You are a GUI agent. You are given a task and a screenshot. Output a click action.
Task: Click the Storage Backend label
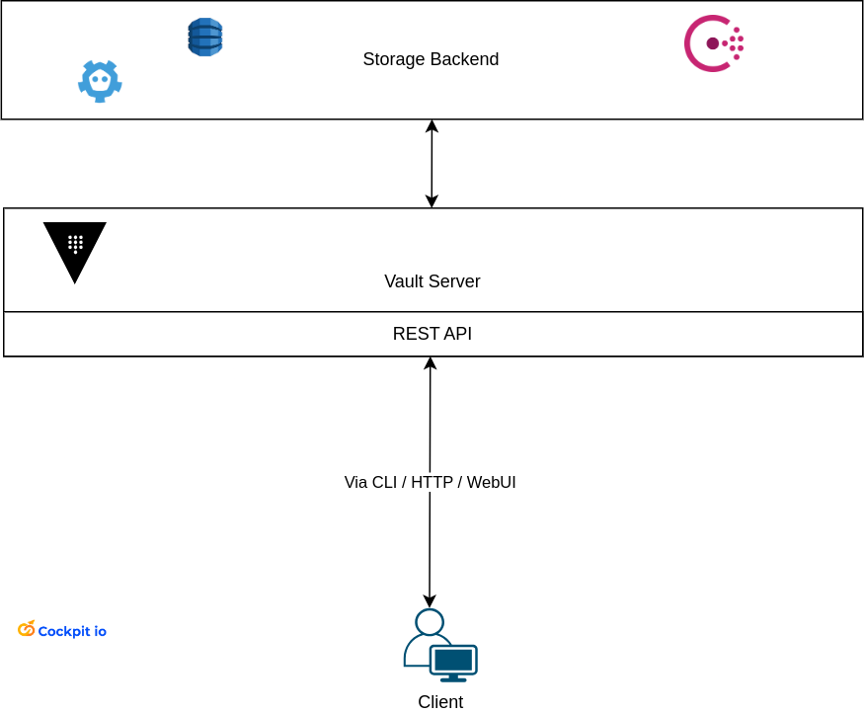coord(431,59)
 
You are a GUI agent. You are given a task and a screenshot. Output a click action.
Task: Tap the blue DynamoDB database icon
coord(204,38)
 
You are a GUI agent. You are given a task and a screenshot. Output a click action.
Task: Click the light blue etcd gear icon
coord(100,81)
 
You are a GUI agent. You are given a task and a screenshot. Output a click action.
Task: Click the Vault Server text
coord(432,281)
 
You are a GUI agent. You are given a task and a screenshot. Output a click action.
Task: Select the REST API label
coord(432,334)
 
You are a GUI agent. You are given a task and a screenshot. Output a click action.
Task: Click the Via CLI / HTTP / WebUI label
coord(430,483)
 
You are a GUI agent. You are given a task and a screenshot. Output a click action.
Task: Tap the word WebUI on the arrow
coord(492,483)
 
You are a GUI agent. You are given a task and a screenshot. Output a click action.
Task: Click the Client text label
coord(439,702)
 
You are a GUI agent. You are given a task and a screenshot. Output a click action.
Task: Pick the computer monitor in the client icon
coord(453,661)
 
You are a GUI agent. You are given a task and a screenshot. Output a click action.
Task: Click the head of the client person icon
coord(430,622)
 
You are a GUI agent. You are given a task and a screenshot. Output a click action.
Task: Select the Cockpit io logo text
coord(72,631)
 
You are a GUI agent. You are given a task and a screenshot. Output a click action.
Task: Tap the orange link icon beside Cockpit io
coord(27,629)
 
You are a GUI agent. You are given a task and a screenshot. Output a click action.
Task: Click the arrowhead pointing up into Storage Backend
coord(432,126)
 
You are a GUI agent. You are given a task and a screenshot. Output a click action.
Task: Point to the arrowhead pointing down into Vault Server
coord(432,201)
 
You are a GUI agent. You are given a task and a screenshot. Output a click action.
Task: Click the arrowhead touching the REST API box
coord(431,363)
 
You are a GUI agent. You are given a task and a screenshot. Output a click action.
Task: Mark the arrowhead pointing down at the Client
coord(430,601)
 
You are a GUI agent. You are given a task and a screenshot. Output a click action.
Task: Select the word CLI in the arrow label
coord(384,483)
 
